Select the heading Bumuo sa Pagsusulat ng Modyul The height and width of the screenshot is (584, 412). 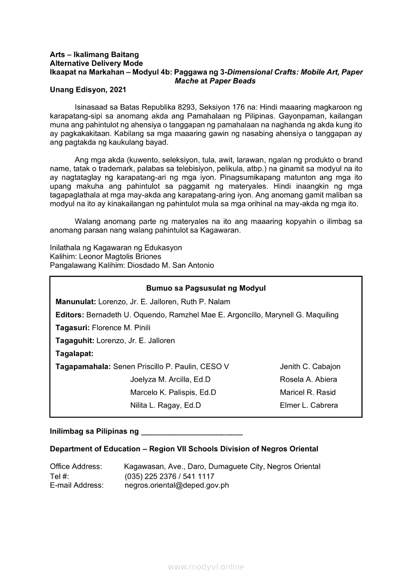tap(206, 288)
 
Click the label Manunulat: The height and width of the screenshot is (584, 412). tap(76, 302)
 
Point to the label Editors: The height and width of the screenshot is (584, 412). tap(70, 315)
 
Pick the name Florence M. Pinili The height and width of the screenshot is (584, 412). tap(121, 328)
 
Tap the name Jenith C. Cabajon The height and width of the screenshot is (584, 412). tap(310, 367)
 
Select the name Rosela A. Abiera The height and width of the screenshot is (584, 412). tap(308, 380)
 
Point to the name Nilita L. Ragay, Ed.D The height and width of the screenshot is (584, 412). tap(166, 406)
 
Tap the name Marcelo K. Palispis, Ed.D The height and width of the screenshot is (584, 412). tap(173, 393)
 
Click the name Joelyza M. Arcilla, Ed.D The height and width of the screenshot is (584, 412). tap(170, 380)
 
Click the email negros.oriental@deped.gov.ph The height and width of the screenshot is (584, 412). tap(177, 485)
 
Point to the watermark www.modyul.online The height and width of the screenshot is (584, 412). tap(206, 567)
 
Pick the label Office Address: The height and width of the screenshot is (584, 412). tap(76, 467)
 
